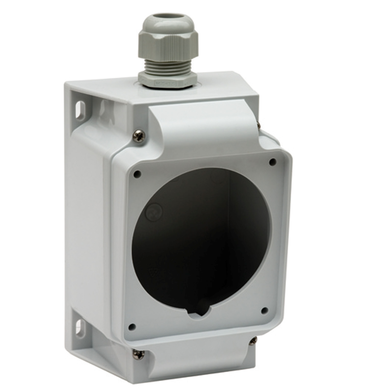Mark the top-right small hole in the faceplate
pos(273,162)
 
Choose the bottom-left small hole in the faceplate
pos(132,327)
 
